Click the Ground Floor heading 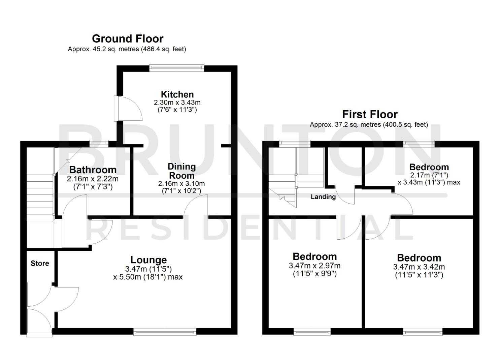coord(128,38)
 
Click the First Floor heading coord(370,114)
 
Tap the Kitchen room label coord(177,94)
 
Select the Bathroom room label coord(93,170)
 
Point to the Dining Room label coord(181,171)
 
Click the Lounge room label coord(148,260)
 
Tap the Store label coord(40,263)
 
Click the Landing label coord(323,197)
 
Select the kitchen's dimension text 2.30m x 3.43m coord(177,102)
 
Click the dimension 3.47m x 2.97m coord(314,266)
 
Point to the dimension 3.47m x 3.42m coord(419,267)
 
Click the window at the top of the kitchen coord(177,68)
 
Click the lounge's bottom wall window coord(165,332)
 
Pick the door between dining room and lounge coord(196,207)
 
